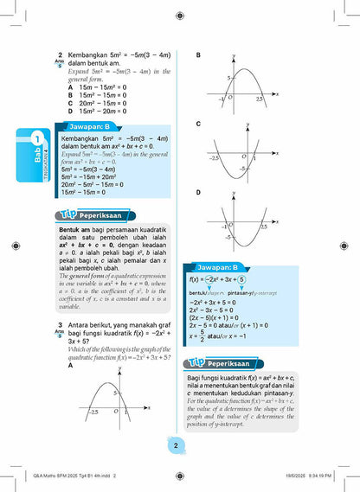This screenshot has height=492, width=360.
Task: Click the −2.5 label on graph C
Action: pos(214,158)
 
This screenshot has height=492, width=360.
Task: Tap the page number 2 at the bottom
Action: pos(176,446)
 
